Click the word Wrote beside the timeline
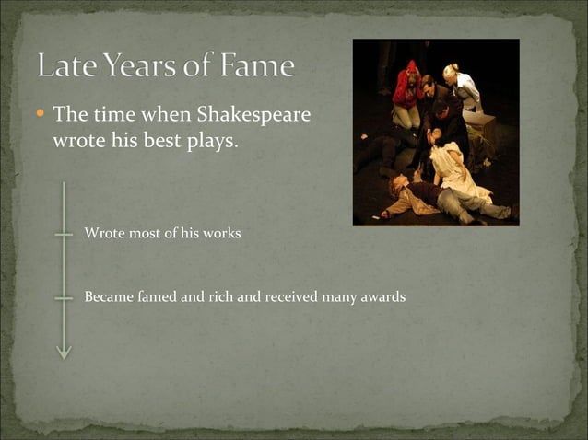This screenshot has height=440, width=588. point(102,234)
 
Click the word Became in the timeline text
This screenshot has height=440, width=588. point(107,297)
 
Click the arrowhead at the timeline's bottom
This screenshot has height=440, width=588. point(64,352)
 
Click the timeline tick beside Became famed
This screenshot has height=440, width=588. point(64,298)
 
